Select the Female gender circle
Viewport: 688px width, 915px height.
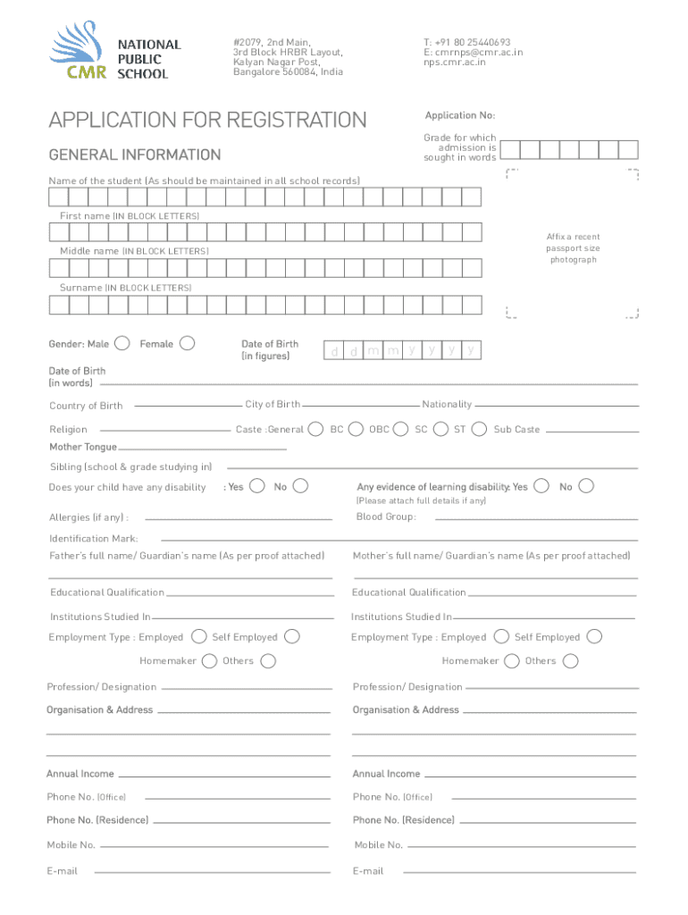pyautogui.click(x=187, y=342)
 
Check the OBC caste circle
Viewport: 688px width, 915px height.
pyautogui.click(x=401, y=429)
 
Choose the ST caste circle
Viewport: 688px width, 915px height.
pyautogui.click(x=479, y=429)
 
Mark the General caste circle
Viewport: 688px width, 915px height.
pyautogui.click(x=315, y=429)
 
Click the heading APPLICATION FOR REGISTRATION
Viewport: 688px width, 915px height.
pyautogui.click(x=207, y=120)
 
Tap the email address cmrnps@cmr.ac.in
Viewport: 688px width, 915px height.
pyautogui.click(x=473, y=52)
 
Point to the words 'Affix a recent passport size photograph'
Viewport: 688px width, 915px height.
pyautogui.click(x=573, y=248)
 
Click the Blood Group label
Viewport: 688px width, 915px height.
pyautogui.click(x=386, y=516)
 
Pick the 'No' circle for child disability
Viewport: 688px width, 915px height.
pyautogui.click(x=301, y=486)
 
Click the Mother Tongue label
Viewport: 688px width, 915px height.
pyautogui.click(x=83, y=447)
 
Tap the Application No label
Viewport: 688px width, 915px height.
pyautogui.click(x=460, y=116)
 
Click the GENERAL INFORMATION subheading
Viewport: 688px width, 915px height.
pyautogui.click(x=135, y=155)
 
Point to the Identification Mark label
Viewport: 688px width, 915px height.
pyautogui.click(x=94, y=539)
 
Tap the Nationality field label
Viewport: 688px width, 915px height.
pyautogui.click(x=447, y=405)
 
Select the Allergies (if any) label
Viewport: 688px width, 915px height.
pyautogui.click(x=88, y=517)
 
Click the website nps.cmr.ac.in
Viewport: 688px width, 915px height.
pyautogui.click(x=455, y=63)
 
